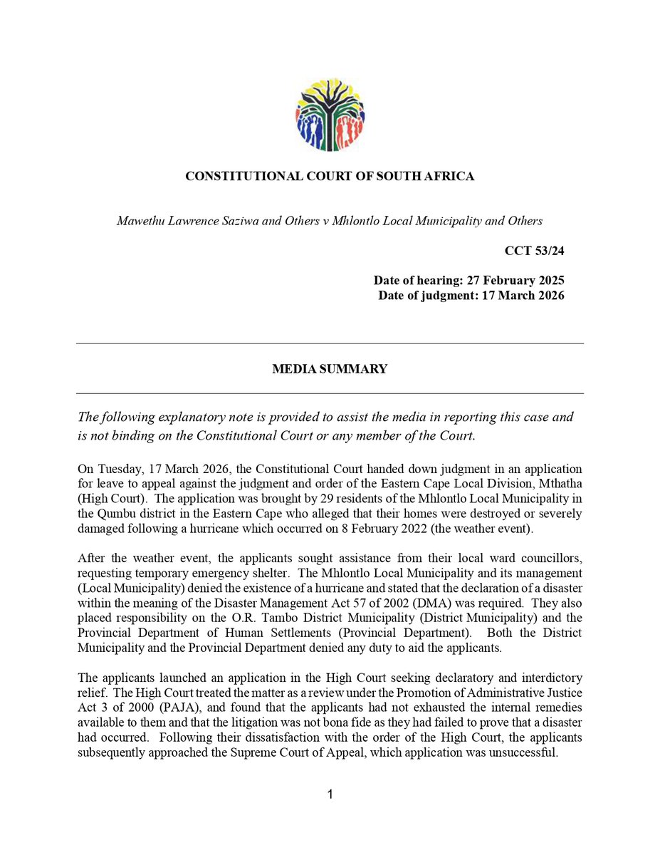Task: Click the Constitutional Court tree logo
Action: tap(330, 114)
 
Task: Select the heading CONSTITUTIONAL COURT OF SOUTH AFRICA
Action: tap(330, 176)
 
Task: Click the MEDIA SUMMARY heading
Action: tap(330, 369)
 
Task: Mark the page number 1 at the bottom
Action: tap(330, 794)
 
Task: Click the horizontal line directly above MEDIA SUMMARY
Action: tap(330, 344)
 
